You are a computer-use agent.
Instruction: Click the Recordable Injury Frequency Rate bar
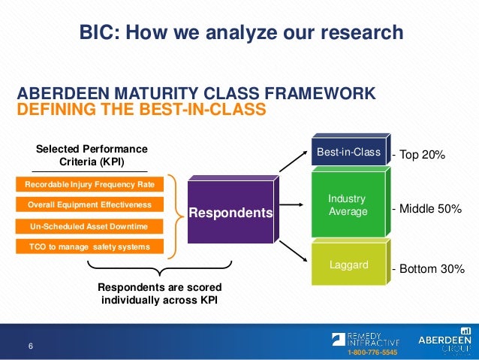89,184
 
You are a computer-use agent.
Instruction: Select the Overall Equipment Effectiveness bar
89,204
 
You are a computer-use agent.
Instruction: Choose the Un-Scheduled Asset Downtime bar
89,226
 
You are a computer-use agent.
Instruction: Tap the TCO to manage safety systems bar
89,247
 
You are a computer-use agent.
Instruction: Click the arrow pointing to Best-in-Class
294,161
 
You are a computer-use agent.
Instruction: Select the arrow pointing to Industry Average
291,204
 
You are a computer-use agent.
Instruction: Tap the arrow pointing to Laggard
294,251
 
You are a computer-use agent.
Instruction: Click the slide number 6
31,346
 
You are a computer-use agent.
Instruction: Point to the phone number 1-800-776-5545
372,352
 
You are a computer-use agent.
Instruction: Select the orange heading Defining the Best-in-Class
141,109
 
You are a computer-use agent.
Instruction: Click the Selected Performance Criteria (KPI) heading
92,156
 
